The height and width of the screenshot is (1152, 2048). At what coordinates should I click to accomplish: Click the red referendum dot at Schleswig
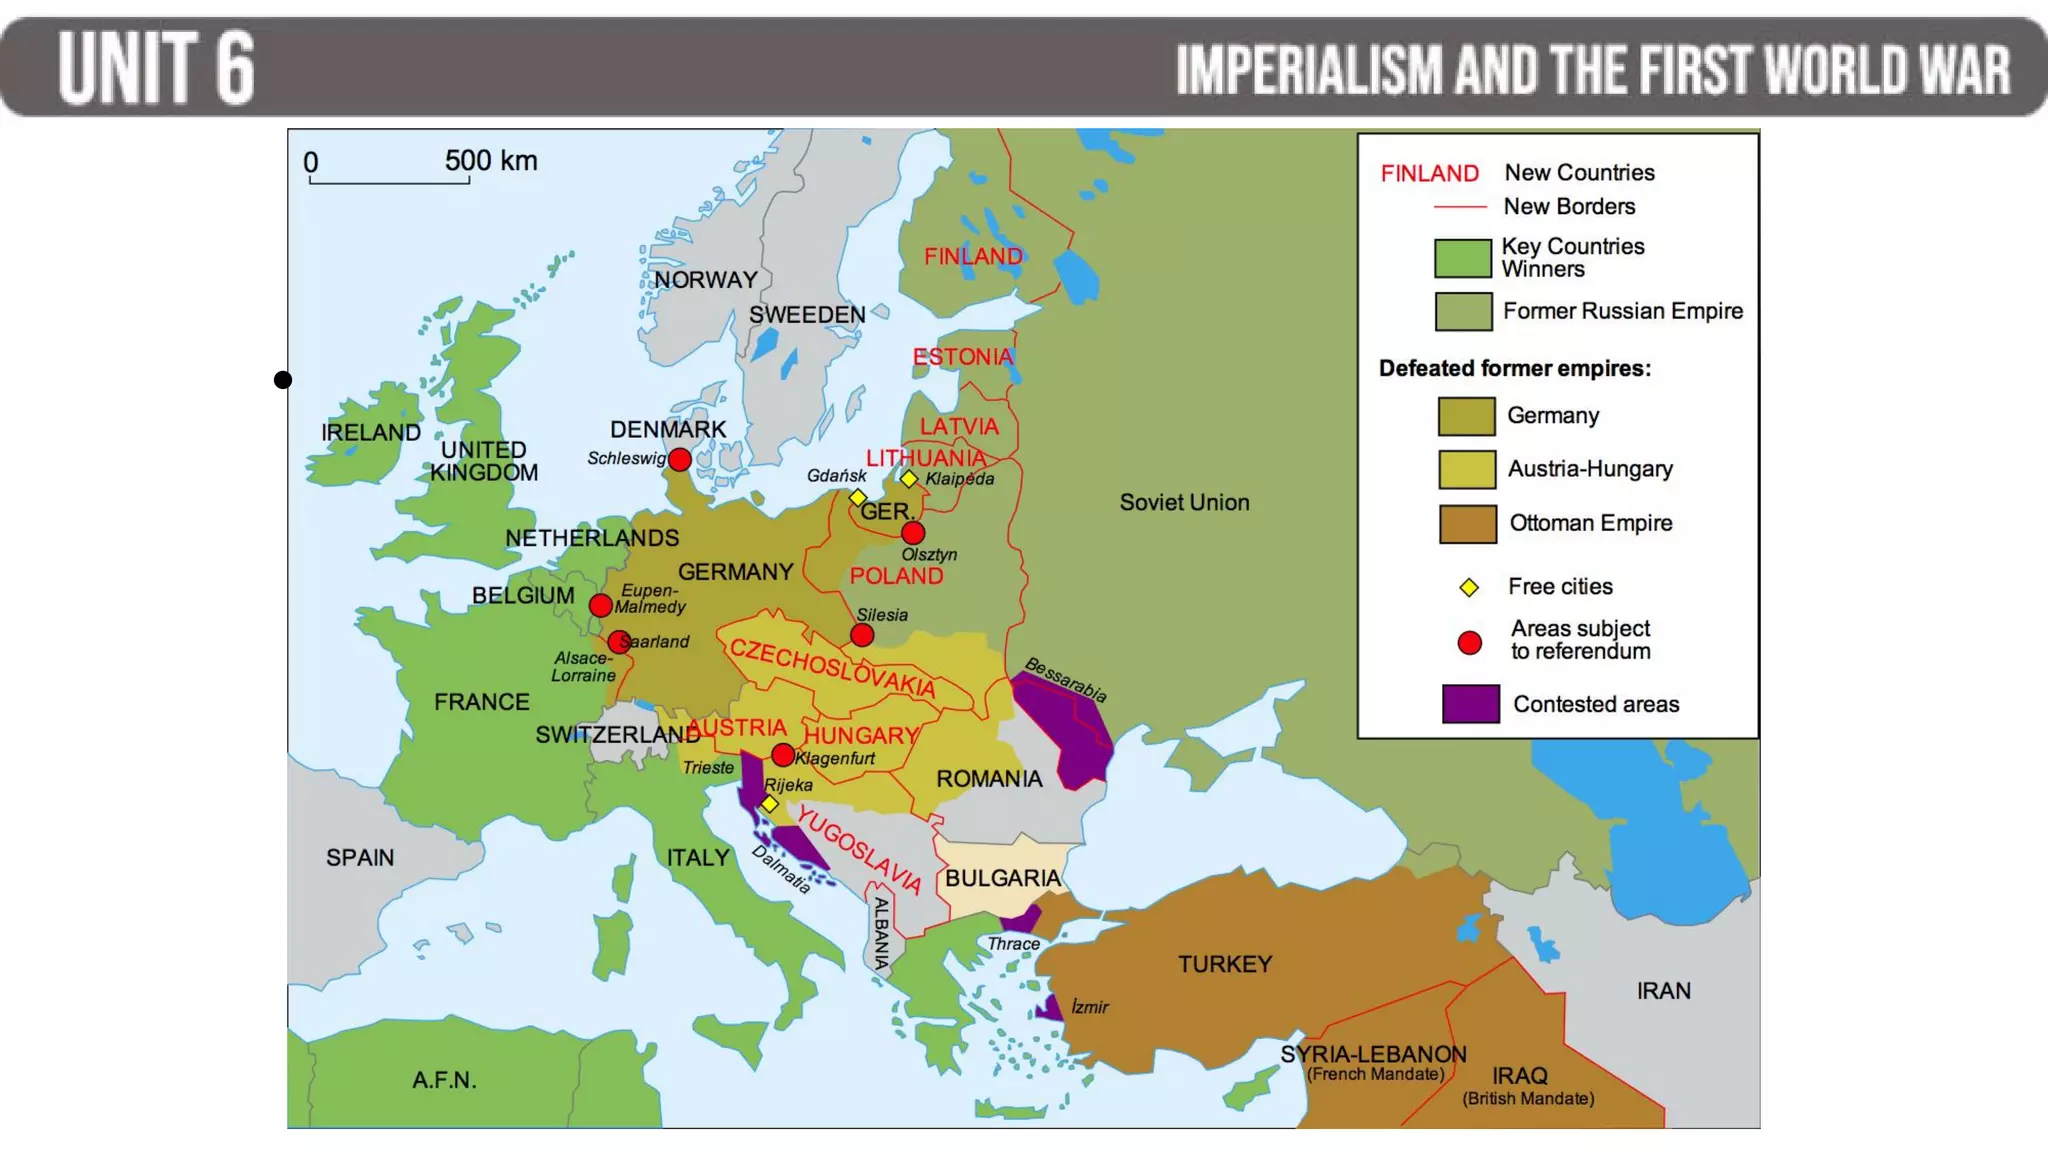point(679,460)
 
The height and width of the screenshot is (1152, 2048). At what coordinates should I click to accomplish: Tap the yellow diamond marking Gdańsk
point(857,497)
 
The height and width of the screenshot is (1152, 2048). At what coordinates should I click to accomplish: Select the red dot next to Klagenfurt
point(783,755)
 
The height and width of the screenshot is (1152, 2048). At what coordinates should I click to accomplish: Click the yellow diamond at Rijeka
point(769,804)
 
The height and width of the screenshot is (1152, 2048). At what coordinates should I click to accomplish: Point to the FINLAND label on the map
point(973,257)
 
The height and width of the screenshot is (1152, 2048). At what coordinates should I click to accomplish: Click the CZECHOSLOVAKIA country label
point(832,668)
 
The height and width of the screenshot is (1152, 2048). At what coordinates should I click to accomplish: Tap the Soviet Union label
point(1184,503)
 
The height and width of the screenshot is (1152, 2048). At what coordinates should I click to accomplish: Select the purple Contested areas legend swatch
point(1470,704)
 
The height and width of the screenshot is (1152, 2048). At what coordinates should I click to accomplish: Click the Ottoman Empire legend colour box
point(1467,524)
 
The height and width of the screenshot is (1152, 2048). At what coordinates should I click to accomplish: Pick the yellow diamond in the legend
point(1468,588)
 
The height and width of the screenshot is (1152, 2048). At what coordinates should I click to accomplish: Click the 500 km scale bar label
point(490,161)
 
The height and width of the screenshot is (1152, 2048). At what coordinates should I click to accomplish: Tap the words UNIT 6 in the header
point(157,68)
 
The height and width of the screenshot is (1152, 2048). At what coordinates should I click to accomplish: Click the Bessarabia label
point(1066,680)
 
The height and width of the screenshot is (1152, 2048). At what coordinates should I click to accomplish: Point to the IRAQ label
point(1519,1076)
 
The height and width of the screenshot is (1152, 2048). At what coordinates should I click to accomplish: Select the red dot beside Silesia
point(862,635)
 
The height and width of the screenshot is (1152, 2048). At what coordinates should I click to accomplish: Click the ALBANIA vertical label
point(881,933)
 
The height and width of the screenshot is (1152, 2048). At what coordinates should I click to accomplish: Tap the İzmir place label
point(1089,1007)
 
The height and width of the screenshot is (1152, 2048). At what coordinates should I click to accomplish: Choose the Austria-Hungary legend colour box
point(1467,470)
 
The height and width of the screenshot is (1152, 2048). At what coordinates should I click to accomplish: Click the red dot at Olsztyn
point(913,533)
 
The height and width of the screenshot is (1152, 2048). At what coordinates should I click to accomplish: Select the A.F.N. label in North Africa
point(444,1081)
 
